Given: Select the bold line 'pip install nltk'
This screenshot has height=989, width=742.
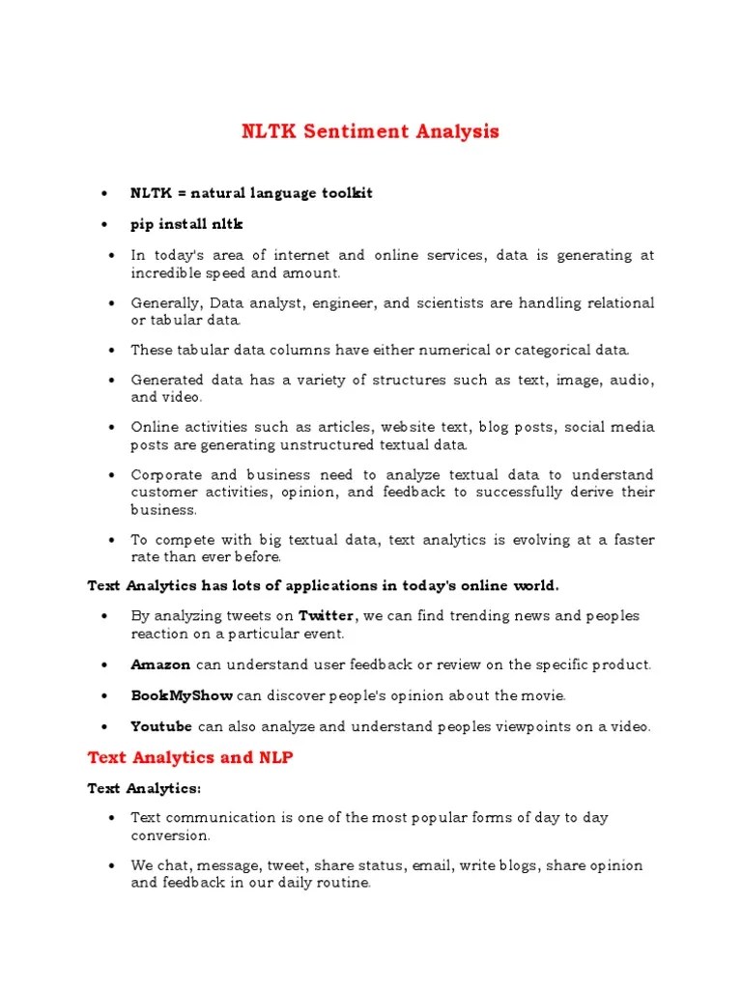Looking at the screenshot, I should click(187, 224).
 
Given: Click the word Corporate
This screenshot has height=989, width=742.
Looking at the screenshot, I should click(165, 475).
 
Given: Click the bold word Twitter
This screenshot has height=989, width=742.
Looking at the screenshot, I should click(328, 616).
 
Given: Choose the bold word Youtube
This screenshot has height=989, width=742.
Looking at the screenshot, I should click(161, 726).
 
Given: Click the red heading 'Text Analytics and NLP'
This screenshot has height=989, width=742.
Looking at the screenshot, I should click(189, 758).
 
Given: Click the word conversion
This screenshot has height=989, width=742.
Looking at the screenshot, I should click(170, 834).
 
